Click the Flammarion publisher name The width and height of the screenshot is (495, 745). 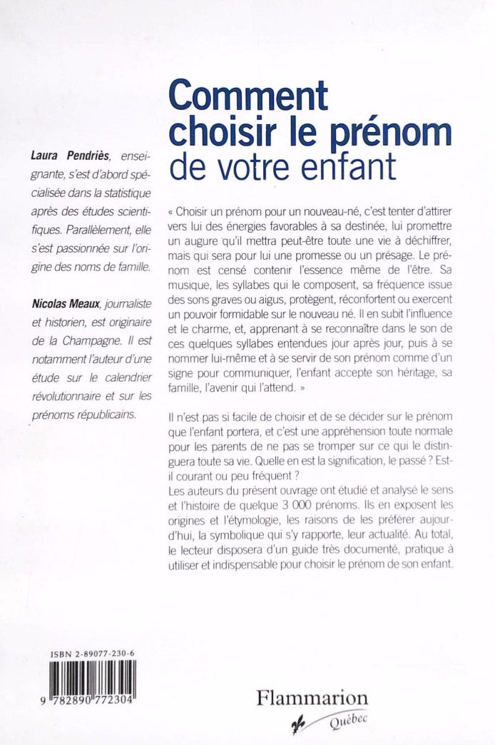(312, 699)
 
